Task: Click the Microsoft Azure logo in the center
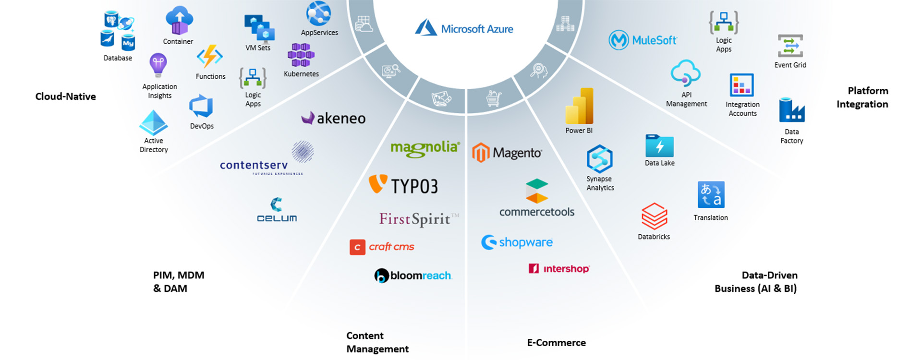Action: click(x=464, y=28)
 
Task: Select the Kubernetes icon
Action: click(x=301, y=55)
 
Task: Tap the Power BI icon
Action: click(x=579, y=106)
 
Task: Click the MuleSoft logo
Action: click(x=643, y=40)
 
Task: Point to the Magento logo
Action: click(x=507, y=153)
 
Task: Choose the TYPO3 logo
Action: click(x=403, y=185)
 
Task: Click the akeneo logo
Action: click(x=333, y=118)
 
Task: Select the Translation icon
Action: click(x=711, y=194)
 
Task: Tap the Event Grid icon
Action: click(x=790, y=47)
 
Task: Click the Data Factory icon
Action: click(x=791, y=110)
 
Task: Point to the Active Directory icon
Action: click(x=153, y=122)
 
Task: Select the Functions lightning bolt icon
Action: click(x=210, y=57)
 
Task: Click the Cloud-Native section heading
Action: click(x=65, y=96)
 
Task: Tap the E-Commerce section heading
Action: click(x=556, y=343)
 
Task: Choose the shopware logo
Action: click(x=517, y=242)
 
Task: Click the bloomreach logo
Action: click(x=413, y=276)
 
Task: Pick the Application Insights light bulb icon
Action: click(x=158, y=65)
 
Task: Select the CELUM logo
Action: click(x=277, y=210)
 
